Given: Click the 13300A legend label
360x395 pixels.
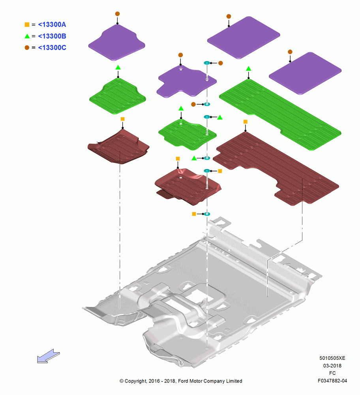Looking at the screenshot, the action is tap(52, 24).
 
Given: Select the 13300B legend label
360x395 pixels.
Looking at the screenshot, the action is tap(52, 36).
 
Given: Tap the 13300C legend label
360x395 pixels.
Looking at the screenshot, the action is tap(52, 48).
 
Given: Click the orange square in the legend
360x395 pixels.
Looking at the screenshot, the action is tap(27, 24).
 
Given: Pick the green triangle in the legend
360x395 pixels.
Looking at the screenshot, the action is tap(27, 36).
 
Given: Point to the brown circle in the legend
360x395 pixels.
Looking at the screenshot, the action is tap(27, 48).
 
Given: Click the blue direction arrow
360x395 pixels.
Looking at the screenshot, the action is tap(48, 356).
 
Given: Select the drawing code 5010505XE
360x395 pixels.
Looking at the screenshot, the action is tap(332, 358).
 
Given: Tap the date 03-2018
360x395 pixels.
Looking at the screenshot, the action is tap(332, 365).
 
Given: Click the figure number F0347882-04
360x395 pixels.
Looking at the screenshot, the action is tap(332, 381).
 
